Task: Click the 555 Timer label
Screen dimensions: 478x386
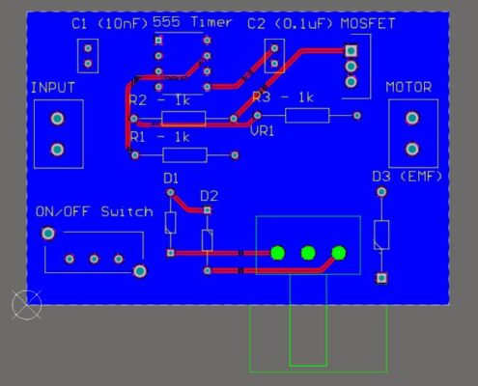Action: [192, 22]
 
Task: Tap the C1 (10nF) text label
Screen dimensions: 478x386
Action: [110, 24]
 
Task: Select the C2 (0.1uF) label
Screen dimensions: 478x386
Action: [290, 24]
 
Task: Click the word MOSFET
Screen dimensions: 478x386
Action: [368, 24]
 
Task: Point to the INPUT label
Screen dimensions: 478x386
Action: [53, 88]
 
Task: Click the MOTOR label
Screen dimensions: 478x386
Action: [408, 87]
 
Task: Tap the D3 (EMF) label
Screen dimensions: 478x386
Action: [408, 177]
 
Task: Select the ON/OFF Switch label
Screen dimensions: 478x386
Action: [95, 211]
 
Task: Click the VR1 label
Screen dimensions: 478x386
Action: [263, 131]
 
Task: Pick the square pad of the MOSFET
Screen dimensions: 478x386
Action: [351, 50]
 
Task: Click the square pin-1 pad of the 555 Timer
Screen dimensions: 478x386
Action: [158, 41]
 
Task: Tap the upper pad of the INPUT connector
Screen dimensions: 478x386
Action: [58, 119]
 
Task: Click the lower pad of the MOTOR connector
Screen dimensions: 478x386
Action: [412, 149]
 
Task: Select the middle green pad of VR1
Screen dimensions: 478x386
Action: [308, 253]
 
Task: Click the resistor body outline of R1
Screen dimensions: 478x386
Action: [185, 155]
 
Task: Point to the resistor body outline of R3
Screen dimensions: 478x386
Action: [307, 116]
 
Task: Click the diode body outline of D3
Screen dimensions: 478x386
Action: [381, 234]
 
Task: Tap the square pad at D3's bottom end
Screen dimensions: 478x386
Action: [381, 278]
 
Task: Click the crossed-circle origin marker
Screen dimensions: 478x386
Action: [27, 305]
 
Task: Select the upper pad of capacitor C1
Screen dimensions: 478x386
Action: [88, 48]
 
